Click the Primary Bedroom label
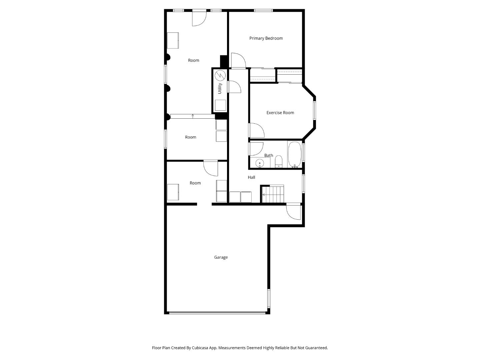(266, 38)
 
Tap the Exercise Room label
(280, 113)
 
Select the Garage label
(221, 257)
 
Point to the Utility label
(220, 88)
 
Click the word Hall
(251, 177)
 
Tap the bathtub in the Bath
(294, 155)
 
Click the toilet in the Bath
(278, 162)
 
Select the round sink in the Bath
(259, 163)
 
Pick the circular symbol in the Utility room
(220, 76)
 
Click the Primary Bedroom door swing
(238, 61)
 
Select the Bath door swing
(256, 149)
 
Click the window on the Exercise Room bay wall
(314, 110)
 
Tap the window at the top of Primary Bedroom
(263, 11)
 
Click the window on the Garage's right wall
(269, 298)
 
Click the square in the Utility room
(220, 105)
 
